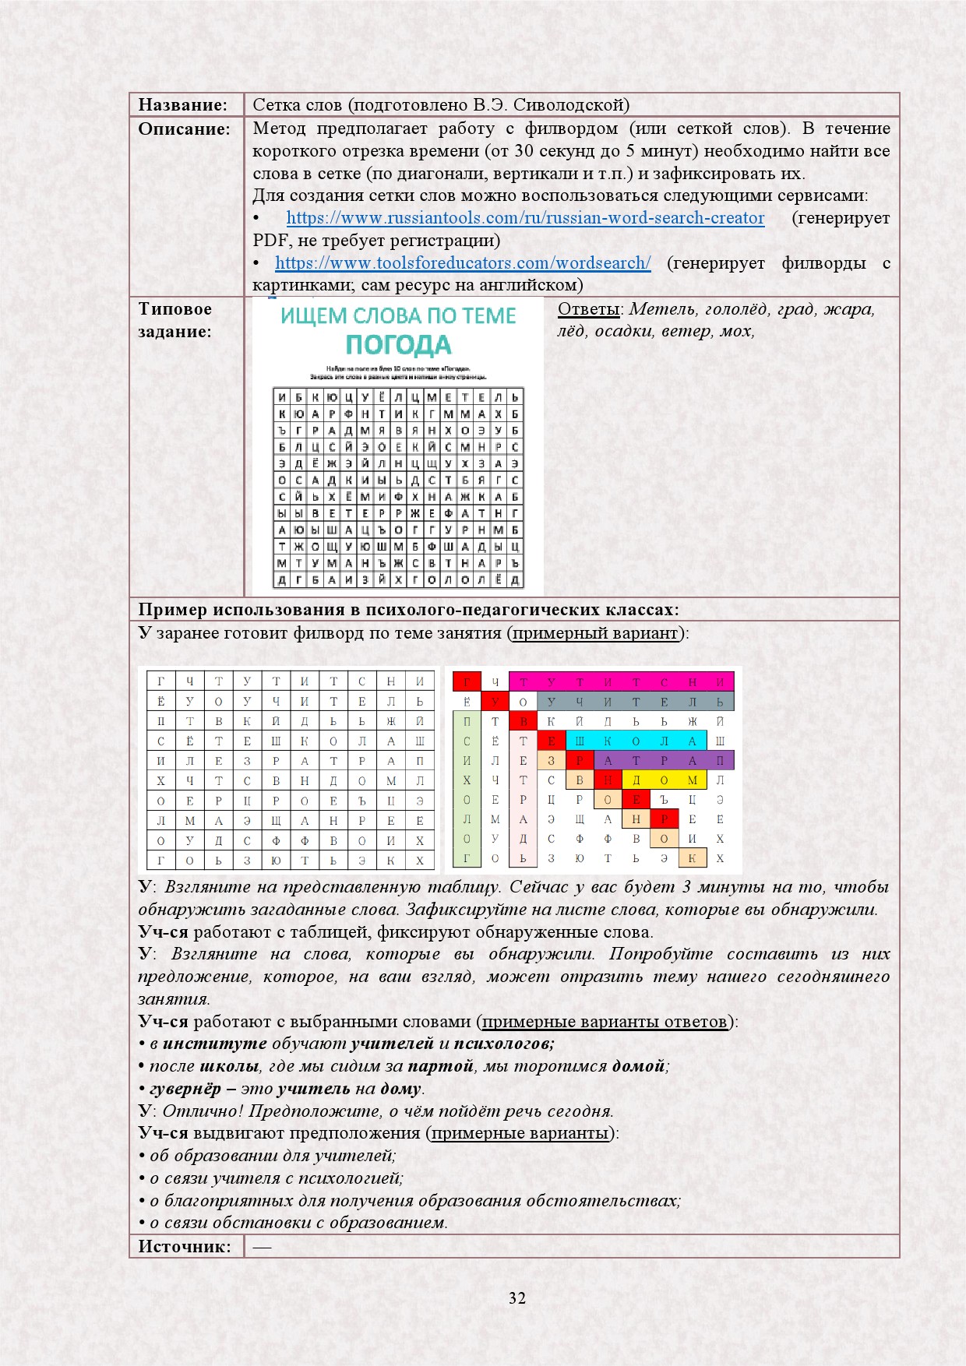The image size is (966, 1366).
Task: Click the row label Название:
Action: tap(182, 105)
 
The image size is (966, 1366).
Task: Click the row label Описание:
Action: tap(184, 129)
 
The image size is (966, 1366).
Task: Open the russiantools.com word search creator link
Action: tap(525, 218)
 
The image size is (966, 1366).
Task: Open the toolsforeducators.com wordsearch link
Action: tap(463, 263)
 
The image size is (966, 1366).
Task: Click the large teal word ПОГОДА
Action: tap(398, 344)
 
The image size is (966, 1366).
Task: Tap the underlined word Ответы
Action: tap(588, 309)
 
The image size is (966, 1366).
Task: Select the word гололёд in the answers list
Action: tap(735, 309)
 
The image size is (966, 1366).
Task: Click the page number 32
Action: tap(517, 1297)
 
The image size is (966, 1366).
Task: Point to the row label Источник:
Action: tap(185, 1246)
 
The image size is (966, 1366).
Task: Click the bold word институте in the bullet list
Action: tap(214, 1044)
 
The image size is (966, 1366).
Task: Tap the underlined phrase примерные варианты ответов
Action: tap(605, 1022)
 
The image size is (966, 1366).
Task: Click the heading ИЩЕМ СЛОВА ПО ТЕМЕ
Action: tap(398, 315)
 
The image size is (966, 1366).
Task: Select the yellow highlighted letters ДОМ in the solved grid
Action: tap(664, 780)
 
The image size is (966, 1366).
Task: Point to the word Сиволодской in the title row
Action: tap(571, 105)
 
